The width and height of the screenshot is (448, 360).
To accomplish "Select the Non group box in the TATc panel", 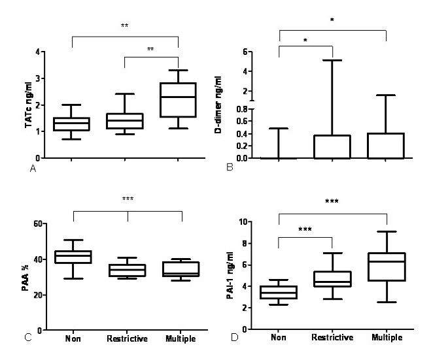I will pyautogui.click(x=71, y=124).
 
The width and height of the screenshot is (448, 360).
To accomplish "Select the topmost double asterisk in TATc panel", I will pyautogui.click(x=124, y=26).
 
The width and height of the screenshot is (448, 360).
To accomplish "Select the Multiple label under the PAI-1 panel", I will pyautogui.click(x=387, y=337).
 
